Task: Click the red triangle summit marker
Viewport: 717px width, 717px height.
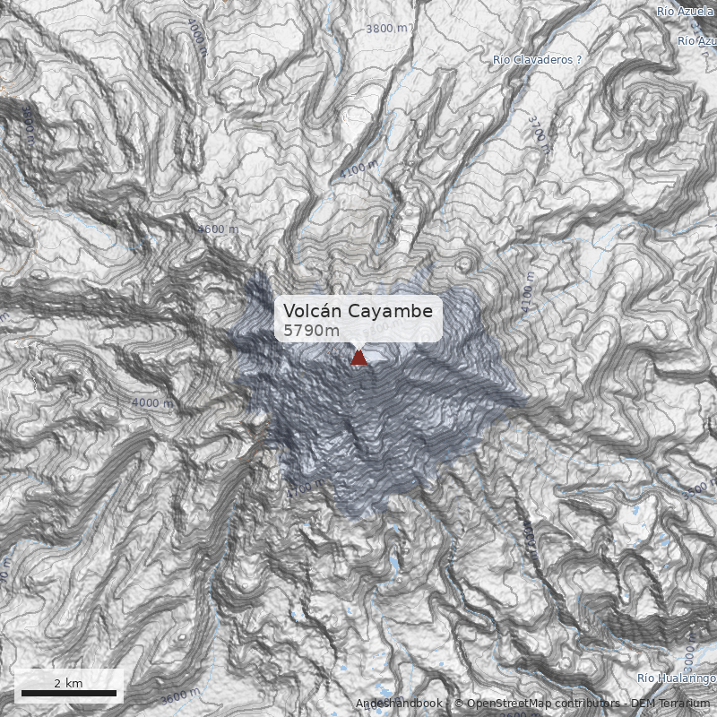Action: pyautogui.click(x=358, y=358)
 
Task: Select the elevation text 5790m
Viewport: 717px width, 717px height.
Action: pyautogui.click(x=311, y=331)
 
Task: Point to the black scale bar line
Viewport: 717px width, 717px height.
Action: pyautogui.click(x=69, y=693)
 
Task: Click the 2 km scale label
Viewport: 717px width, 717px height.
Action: pyautogui.click(x=68, y=683)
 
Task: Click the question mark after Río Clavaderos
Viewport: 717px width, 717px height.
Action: pyautogui.click(x=579, y=60)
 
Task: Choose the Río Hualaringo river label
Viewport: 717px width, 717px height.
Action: pyautogui.click(x=677, y=678)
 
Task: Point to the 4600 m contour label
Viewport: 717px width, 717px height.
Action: pyautogui.click(x=219, y=229)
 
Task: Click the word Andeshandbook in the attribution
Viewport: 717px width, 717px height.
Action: pyautogui.click(x=399, y=704)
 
